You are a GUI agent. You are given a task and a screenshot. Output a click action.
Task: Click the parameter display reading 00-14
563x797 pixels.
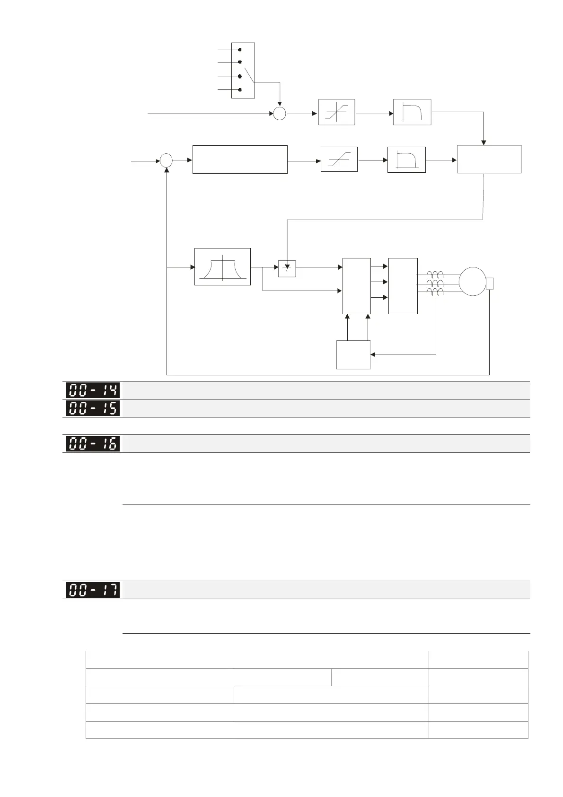93,390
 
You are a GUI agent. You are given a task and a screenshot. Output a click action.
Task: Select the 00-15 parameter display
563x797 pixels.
93,408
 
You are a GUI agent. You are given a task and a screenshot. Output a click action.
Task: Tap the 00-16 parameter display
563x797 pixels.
93,443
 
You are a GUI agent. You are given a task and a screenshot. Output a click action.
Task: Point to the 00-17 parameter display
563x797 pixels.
93,590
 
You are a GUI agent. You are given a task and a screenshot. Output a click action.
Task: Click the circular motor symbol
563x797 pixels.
473,282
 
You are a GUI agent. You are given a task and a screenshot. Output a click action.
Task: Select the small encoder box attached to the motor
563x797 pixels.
490,283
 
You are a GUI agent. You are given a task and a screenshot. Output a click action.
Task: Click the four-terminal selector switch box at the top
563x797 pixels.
243,70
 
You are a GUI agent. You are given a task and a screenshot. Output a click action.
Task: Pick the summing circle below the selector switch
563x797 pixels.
280,114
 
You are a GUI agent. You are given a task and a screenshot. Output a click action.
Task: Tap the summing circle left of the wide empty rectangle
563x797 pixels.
166,160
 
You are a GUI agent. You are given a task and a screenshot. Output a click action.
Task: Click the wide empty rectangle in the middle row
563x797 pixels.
240,159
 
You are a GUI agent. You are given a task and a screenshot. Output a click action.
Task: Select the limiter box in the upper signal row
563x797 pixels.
336,112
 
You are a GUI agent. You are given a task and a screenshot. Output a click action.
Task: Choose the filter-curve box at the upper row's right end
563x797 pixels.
412,112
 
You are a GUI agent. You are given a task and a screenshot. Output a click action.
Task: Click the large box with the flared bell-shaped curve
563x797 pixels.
222,267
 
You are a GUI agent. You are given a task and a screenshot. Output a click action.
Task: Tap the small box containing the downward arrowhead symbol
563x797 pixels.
287,268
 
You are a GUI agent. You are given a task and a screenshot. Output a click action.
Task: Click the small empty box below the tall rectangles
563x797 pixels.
353,354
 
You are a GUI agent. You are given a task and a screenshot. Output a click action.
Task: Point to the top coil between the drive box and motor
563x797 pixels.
435,275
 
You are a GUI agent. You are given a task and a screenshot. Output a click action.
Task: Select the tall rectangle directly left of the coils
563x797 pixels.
403,286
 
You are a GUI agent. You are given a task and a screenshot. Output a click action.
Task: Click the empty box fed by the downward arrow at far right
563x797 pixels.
489,159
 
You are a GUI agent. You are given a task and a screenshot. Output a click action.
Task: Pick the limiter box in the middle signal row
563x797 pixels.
339,159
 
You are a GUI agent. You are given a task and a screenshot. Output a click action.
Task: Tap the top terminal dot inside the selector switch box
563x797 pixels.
240,49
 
